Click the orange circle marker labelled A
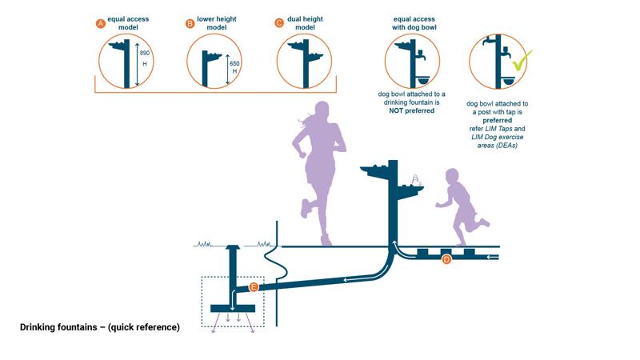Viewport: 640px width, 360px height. coord(101,24)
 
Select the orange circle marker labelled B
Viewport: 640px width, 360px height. coord(190,24)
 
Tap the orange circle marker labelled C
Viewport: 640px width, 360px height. coord(279,23)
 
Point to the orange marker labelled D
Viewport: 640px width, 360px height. coord(447,259)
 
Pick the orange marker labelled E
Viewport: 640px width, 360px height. coord(254,286)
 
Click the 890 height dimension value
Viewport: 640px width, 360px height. coord(145,53)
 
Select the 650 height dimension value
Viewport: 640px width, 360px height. coord(234,63)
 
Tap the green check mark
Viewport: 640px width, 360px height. coord(522,61)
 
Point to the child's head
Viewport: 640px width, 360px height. coord(453,178)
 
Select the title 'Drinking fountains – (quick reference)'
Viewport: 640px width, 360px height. coord(100,327)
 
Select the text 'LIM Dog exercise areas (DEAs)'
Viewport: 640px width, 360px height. coord(497,137)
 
